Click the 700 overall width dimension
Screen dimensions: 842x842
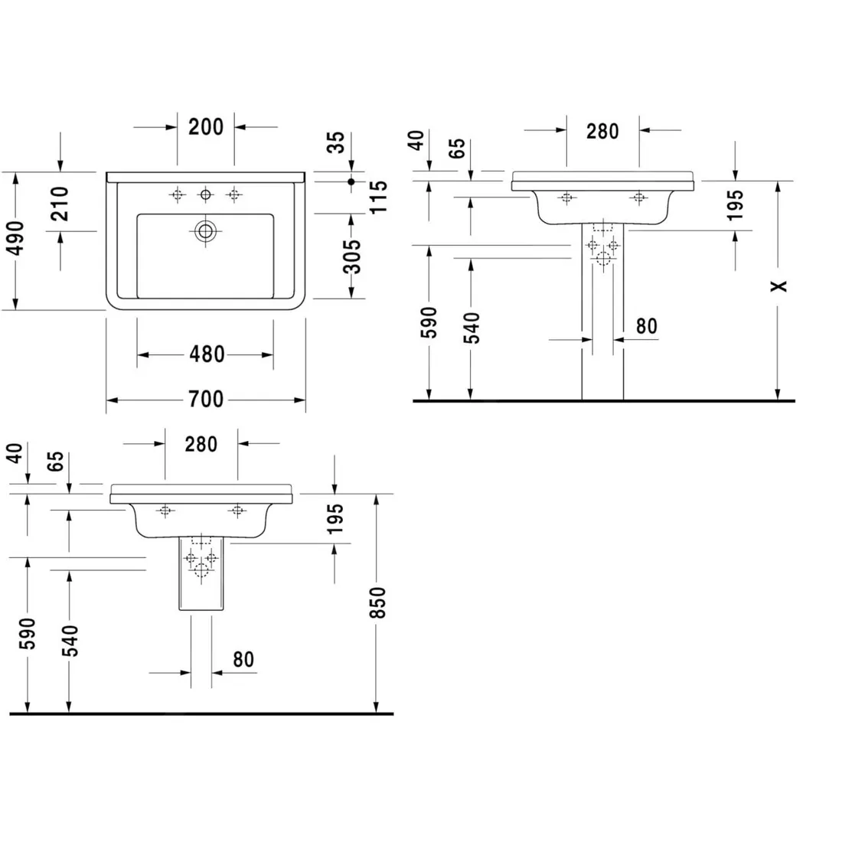point(206,400)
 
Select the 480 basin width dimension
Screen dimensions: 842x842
point(207,354)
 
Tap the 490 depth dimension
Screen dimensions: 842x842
point(16,238)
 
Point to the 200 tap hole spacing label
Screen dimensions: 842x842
point(206,127)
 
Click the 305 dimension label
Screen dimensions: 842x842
point(352,256)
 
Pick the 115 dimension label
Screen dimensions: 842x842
point(379,197)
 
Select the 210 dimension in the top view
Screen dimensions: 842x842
point(60,204)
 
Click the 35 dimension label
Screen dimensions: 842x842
point(336,142)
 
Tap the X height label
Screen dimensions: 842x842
point(778,286)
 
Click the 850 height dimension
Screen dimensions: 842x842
point(378,602)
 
